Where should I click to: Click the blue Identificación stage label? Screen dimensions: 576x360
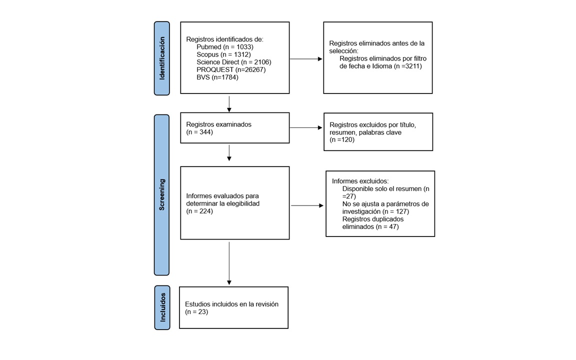tap(161, 58)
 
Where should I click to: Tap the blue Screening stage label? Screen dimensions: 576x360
tap(161, 194)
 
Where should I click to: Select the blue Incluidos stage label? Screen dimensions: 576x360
tap(162, 307)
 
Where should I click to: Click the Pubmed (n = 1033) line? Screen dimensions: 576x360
tap(225, 47)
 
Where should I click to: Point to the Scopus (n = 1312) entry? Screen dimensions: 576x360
tap(223, 54)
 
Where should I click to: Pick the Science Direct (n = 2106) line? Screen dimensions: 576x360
tap(234, 62)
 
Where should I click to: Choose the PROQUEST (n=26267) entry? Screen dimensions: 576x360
tap(231, 70)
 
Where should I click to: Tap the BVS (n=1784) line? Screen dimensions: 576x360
tap(217, 77)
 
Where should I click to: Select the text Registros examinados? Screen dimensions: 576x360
tap(219, 124)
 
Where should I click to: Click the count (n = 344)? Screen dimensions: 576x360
tap(199, 132)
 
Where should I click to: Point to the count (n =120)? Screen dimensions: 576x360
tap(342, 139)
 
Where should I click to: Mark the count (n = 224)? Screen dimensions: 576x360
tap(199, 211)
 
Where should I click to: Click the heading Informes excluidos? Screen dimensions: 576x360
tap(360, 181)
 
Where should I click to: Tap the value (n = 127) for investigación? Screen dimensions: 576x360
tap(395, 211)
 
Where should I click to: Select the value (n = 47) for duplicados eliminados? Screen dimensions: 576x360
tap(387, 226)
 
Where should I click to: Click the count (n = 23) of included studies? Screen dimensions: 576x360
tap(196, 312)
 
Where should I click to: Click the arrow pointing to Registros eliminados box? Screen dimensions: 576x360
tap(306, 59)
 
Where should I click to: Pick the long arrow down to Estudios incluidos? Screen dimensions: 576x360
tap(229, 263)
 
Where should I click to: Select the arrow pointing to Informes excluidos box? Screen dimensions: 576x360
tap(307, 205)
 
